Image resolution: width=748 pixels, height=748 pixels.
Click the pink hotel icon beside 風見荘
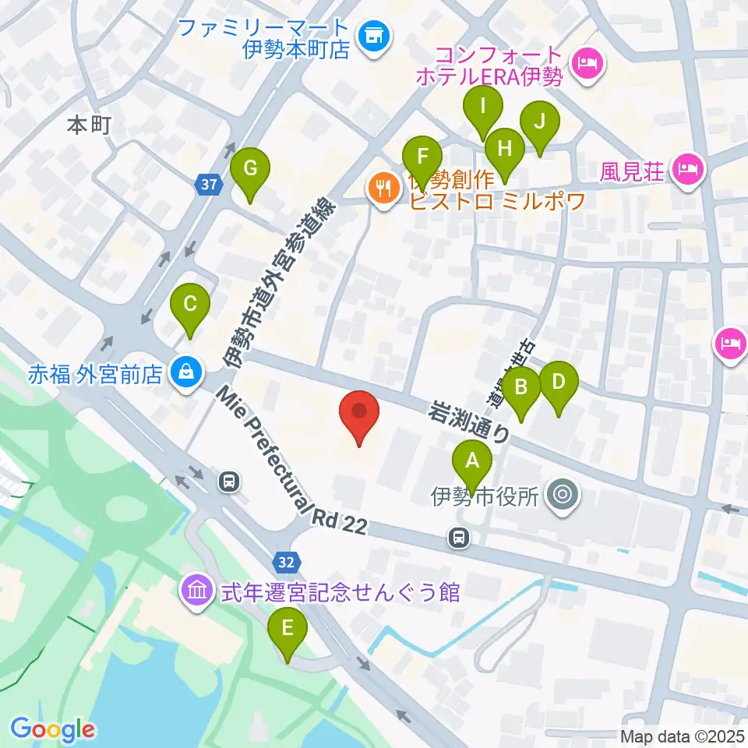(x=687, y=168)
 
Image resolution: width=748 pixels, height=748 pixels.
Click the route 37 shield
(x=207, y=185)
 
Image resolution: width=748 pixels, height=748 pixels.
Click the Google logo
(x=52, y=729)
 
